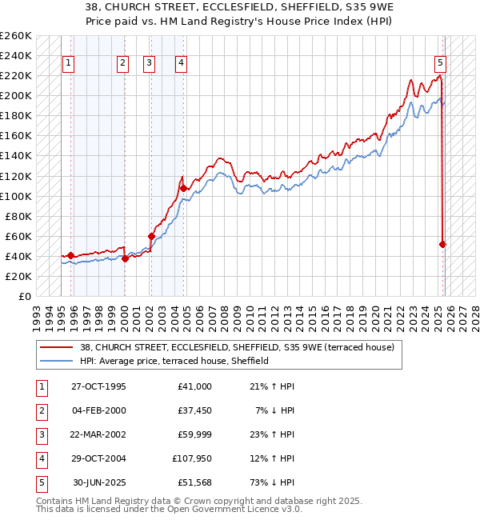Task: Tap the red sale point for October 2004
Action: click(x=183, y=188)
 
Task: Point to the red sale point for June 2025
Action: click(x=442, y=244)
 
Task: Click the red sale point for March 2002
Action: click(x=151, y=236)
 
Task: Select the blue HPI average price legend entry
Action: click(x=174, y=361)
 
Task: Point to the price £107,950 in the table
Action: click(x=190, y=458)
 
